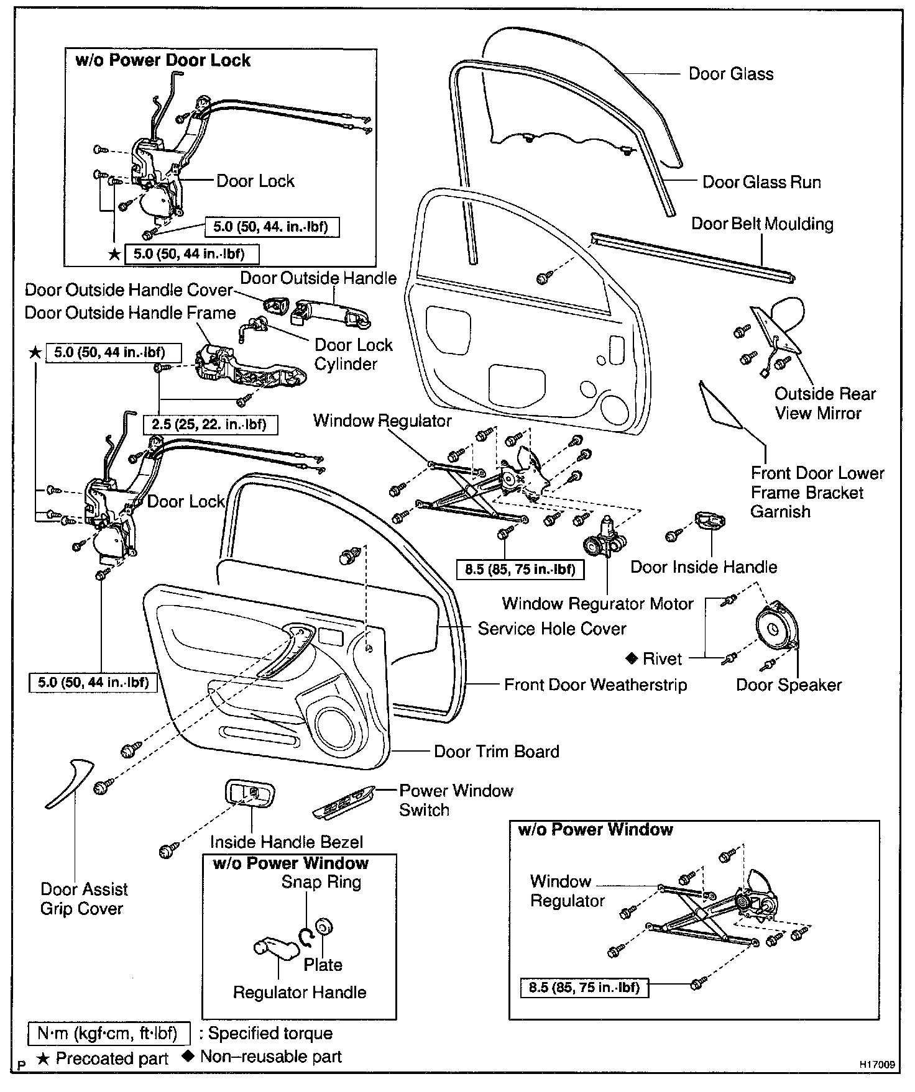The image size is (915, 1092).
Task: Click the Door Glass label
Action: pyautogui.click(x=730, y=74)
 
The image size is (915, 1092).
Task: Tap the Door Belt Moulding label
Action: pyautogui.click(x=762, y=224)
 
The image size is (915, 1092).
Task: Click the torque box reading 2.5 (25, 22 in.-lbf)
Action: pyautogui.click(x=209, y=425)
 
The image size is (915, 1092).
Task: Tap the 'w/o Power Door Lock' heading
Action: pyautogui.click(x=162, y=60)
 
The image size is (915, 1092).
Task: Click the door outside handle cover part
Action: pyautogui.click(x=275, y=306)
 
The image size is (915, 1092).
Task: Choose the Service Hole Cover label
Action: pyautogui.click(x=551, y=629)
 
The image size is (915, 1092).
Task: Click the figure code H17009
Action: pyautogui.click(x=877, y=1064)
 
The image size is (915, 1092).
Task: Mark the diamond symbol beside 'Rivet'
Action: pyautogui.click(x=631, y=658)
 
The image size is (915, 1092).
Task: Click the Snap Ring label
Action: pyautogui.click(x=321, y=882)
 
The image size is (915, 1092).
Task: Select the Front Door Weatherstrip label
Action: pyautogui.click(x=595, y=685)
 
